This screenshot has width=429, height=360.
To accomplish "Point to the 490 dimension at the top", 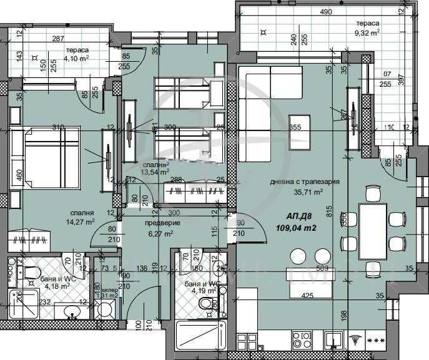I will (325, 12).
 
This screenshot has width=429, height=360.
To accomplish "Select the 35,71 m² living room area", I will (305, 192).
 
